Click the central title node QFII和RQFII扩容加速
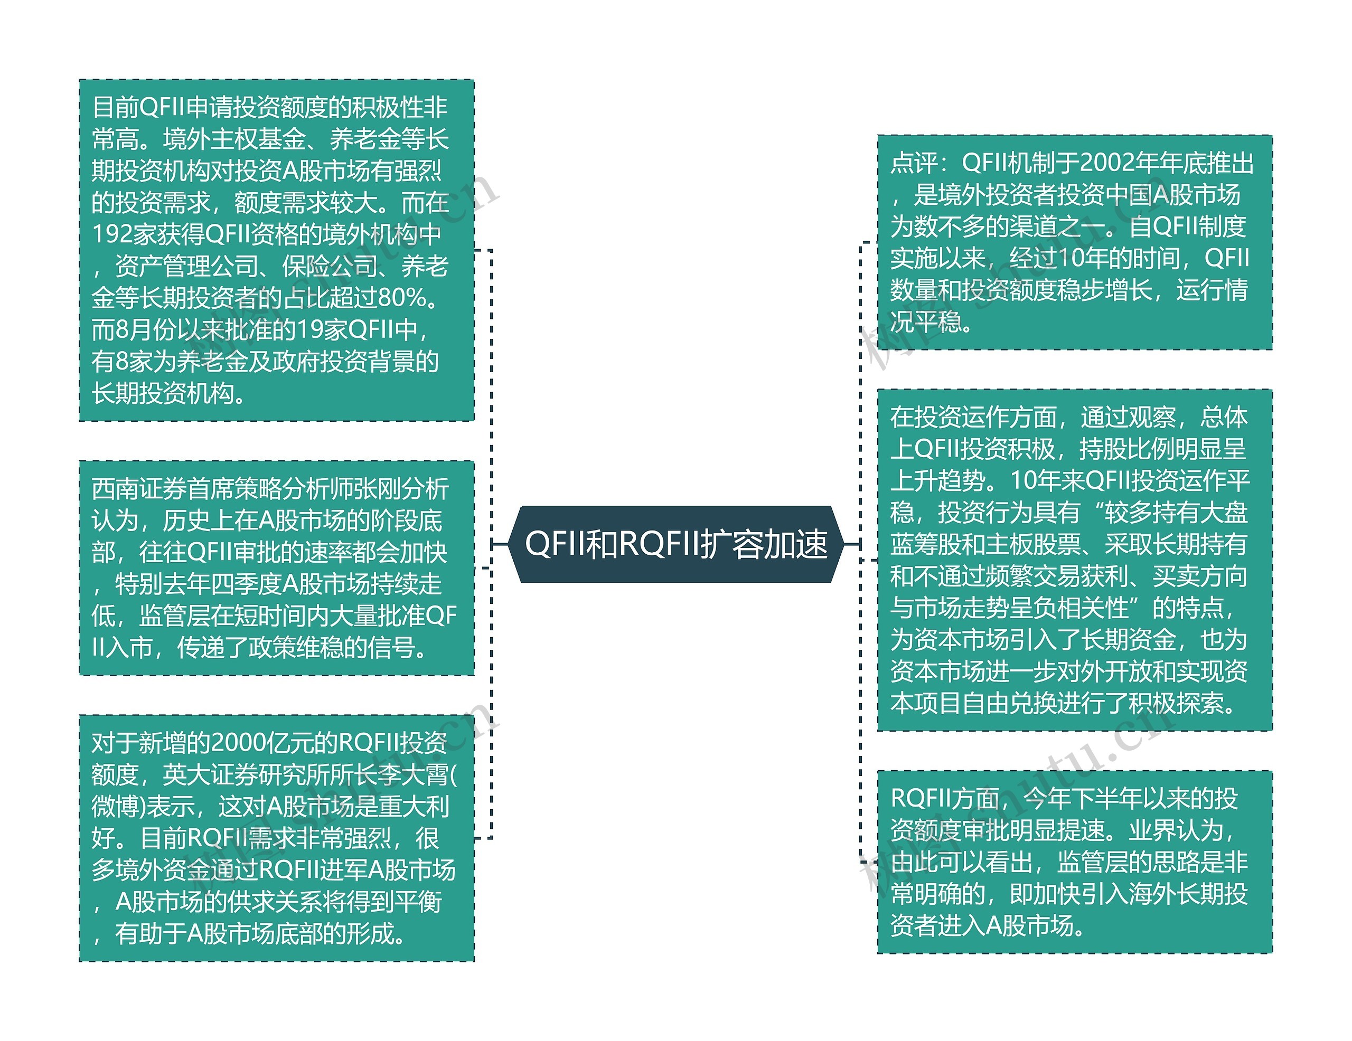point(676,544)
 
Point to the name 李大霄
point(414,774)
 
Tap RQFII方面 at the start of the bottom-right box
point(945,798)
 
